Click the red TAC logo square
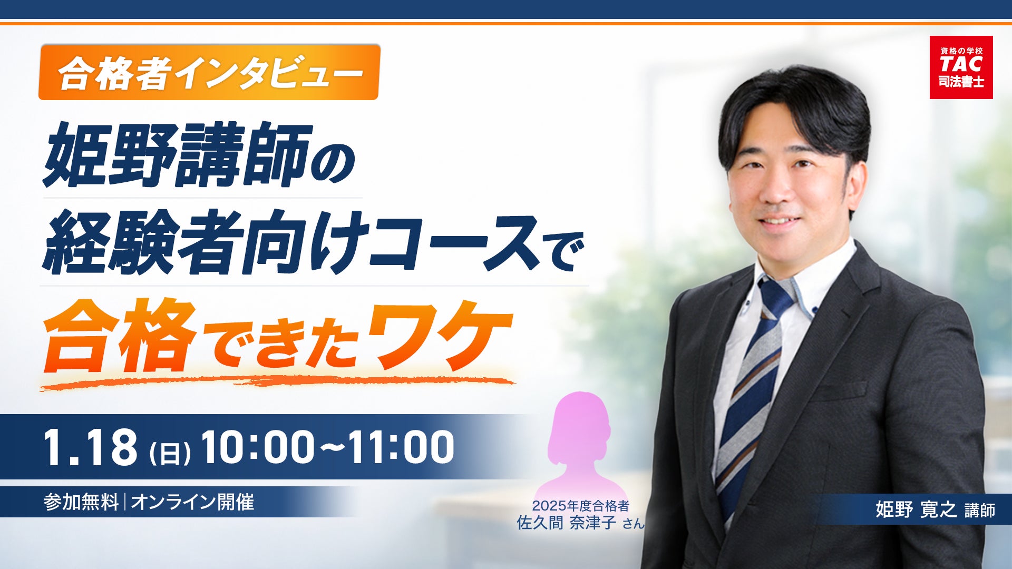point(961,67)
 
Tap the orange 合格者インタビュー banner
point(209,72)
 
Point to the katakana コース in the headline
point(453,242)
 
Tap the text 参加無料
point(81,502)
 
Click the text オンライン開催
point(192,502)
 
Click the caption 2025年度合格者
point(580,506)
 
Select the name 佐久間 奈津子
point(566,523)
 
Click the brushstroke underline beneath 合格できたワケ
point(277,382)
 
